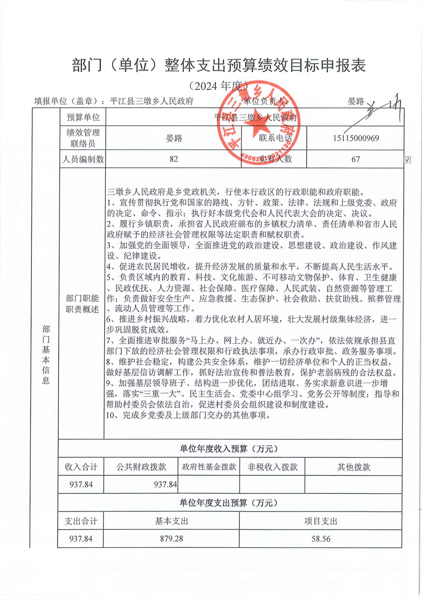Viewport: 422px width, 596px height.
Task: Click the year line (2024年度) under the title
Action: click(211, 86)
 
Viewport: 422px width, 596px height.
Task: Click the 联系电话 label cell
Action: click(276, 138)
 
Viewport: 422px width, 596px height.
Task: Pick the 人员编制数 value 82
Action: click(173, 159)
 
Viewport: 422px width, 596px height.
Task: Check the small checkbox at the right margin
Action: click(408, 159)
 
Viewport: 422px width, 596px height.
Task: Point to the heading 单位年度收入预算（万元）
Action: click(229, 449)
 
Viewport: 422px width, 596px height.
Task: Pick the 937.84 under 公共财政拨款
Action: click(165, 484)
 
